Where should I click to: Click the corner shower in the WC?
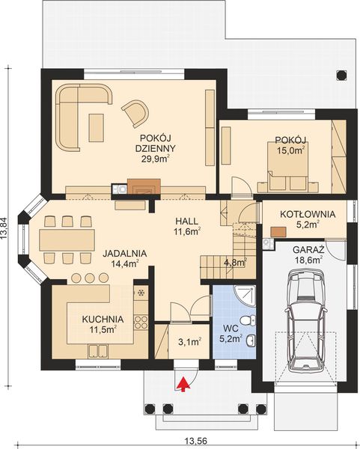(x=245, y=296)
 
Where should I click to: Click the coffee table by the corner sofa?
(x=96, y=127)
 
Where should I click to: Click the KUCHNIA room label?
(x=103, y=319)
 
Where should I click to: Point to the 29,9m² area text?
(x=156, y=159)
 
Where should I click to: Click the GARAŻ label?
(x=308, y=249)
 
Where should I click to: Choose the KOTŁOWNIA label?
(x=308, y=214)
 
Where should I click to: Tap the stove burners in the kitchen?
(x=141, y=322)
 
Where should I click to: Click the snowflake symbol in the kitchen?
(x=141, y=293)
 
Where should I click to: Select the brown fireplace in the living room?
(x=144, y=186)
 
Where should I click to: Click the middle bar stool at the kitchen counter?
(x=90, y=278)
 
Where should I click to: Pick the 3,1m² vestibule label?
(x=189, y=342)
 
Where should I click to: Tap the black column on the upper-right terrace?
(x=341, y=75)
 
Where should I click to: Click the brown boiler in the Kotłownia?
(x=278, y=232)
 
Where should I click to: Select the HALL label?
(x=186, y=221)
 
